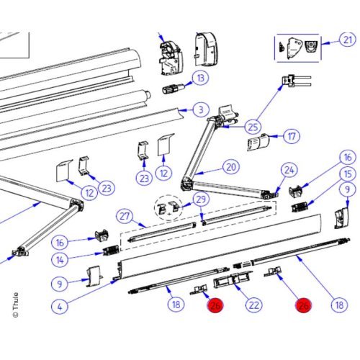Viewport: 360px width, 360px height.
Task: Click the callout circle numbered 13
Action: tap(201, 78)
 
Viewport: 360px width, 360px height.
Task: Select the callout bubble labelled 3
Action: tap(199, 109)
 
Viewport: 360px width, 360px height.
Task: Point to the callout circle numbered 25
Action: tap(252, 127)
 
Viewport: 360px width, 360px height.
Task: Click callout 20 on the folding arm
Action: tap(230, 167)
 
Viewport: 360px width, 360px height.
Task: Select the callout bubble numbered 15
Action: tap(348, 174)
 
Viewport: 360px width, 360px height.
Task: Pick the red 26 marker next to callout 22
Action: tap(215, 306)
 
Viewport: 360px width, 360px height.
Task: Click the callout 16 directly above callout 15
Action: tap(348, 157)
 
